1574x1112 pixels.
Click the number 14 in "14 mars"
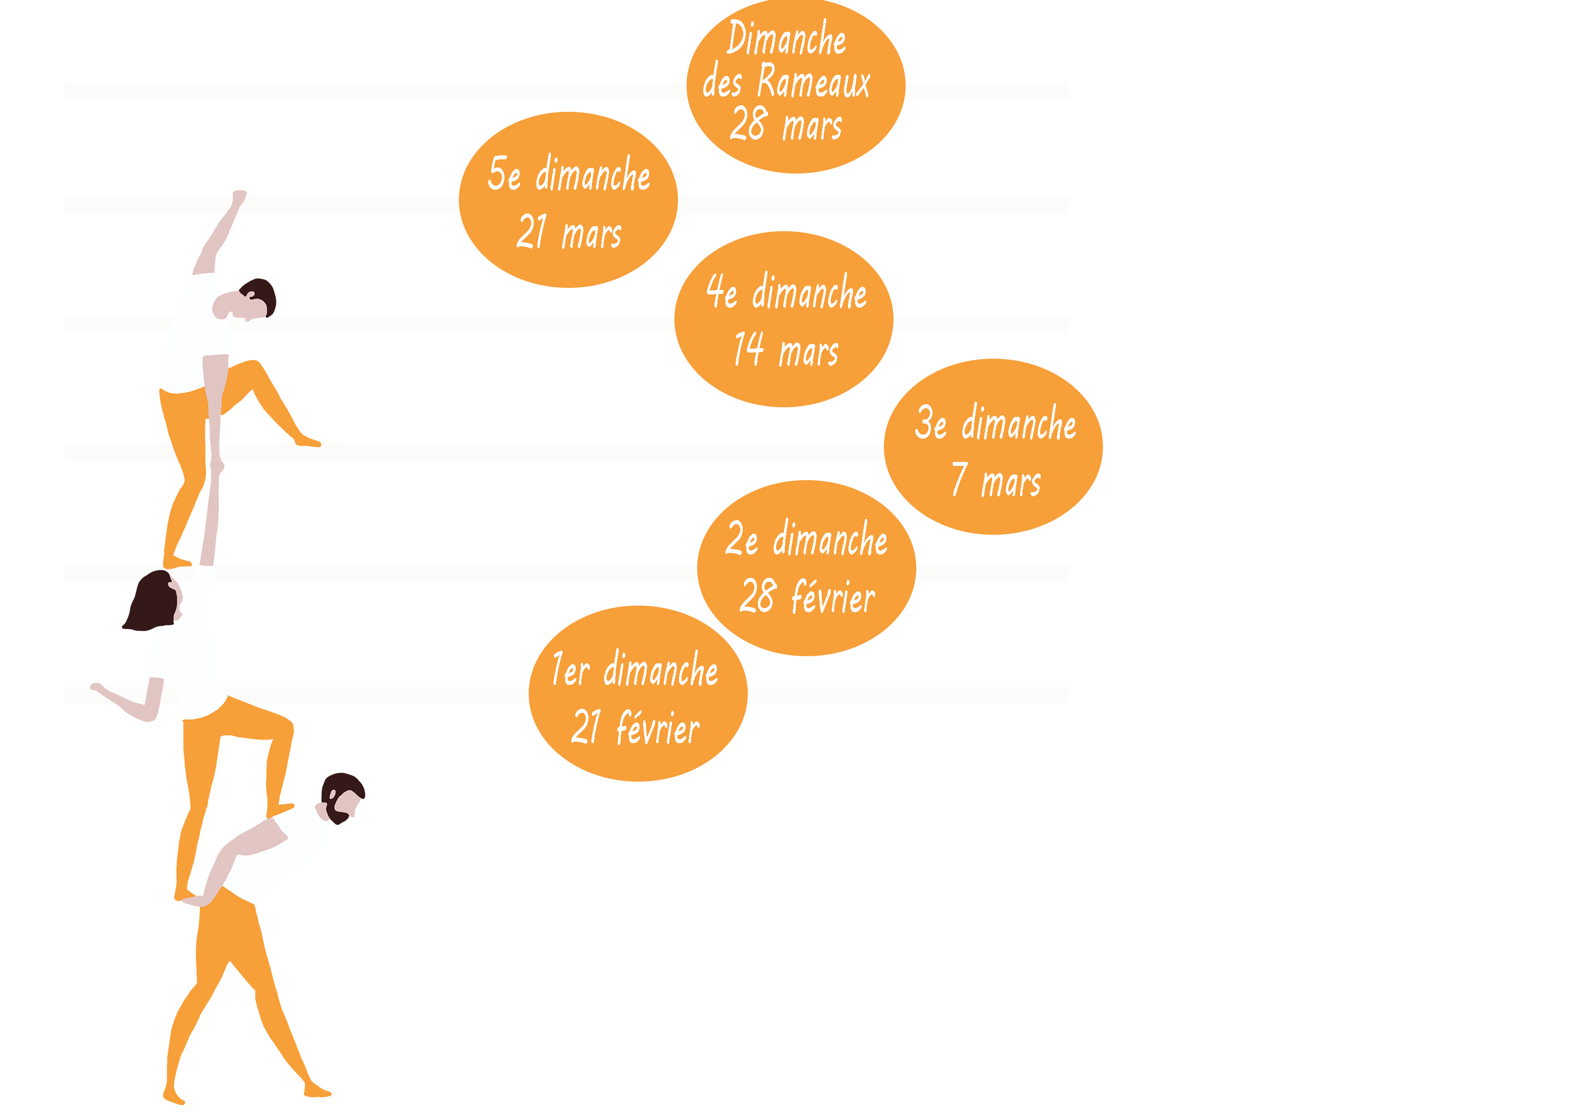749,350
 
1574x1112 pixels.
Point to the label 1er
570,669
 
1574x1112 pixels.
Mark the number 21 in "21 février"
586,728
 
